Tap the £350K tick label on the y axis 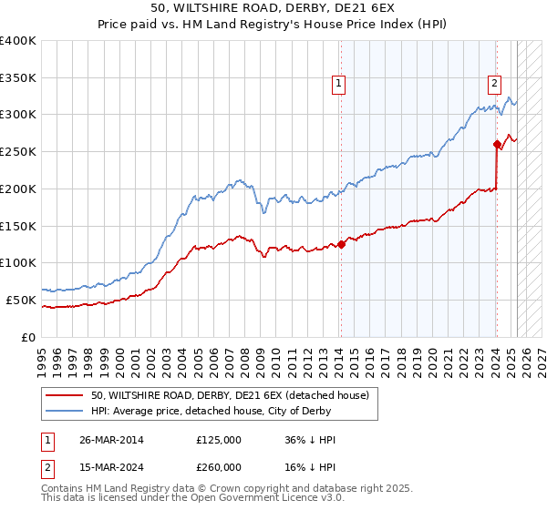click(x=18, y=77)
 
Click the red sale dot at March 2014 click(x=341, y=243)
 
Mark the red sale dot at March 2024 click(x=497, y=144)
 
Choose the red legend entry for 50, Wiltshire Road click(x=229, y=395)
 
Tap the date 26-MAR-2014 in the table click(x=111, y=440)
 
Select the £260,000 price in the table click(x=219, y=466)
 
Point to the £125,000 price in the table click(x=219, y=440)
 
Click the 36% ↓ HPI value click(x=310, y=440)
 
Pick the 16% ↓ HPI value click(x=310, y=466)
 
